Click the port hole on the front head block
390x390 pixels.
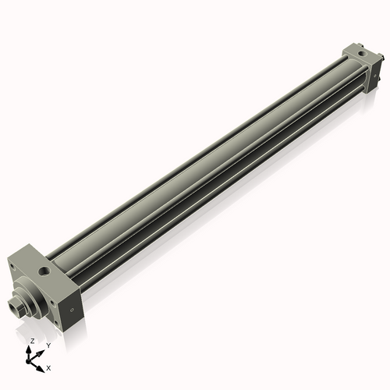[41, 272]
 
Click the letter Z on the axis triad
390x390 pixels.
[32, 342]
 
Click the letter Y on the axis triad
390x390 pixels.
[48, 345]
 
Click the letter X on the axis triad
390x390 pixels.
[49, 367]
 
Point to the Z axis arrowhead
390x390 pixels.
[30, 349]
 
